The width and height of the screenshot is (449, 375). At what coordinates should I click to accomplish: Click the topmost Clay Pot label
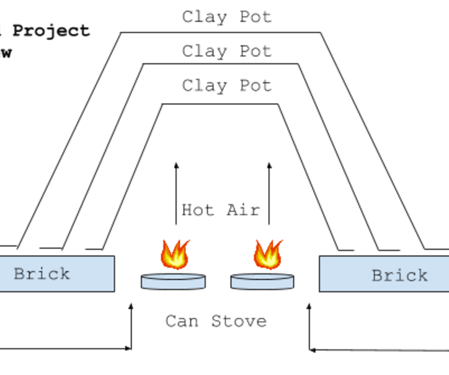[x=226, y=17]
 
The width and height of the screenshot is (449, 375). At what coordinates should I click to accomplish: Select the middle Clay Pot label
[x=226, y=51]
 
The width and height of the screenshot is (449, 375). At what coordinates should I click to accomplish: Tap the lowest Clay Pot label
[x=226, y=85]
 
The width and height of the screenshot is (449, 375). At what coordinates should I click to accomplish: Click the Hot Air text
[x=220, y=210]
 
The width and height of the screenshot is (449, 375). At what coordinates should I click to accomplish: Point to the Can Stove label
[x=216, y=321]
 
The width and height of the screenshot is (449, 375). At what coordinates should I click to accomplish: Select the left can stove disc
[x=173, y=282]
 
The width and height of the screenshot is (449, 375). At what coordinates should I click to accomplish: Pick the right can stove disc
[x=262, y=282]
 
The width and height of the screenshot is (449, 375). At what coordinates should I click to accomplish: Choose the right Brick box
[x=383, y=274]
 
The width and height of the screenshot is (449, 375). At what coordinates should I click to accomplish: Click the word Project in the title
[x=51, y=30]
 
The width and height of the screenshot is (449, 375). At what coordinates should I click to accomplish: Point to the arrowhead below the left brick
[x=131, y=307]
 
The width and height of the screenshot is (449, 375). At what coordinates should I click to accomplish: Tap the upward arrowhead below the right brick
[x=309, y=307]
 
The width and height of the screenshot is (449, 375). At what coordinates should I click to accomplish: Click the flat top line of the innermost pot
[x=220, y=104]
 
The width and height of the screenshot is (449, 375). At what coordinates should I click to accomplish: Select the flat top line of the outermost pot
[x=220, y=32]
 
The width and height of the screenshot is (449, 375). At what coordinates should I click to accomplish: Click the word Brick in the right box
[x=399, y=275]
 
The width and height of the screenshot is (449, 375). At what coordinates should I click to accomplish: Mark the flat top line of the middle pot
[x=220, y=63]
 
